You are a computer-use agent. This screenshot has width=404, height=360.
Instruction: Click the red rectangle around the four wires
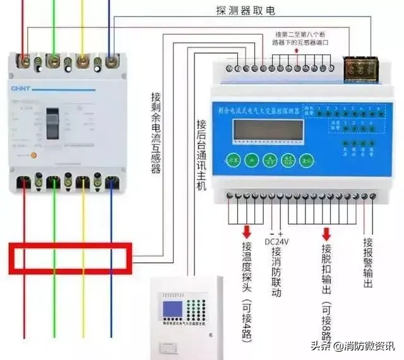pyautogui.click(x=69, y=258)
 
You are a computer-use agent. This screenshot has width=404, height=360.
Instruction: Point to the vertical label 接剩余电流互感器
pyautogui.click(x=155, y=133)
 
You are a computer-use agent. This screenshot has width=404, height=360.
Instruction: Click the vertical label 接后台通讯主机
pyautogui.click(x=201, y=158)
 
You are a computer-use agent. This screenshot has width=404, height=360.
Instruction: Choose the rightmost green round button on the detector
pyautogui.click(x=307, y=161)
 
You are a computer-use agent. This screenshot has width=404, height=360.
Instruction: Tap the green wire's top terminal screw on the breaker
pyautogui.click(x=53, y=61)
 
